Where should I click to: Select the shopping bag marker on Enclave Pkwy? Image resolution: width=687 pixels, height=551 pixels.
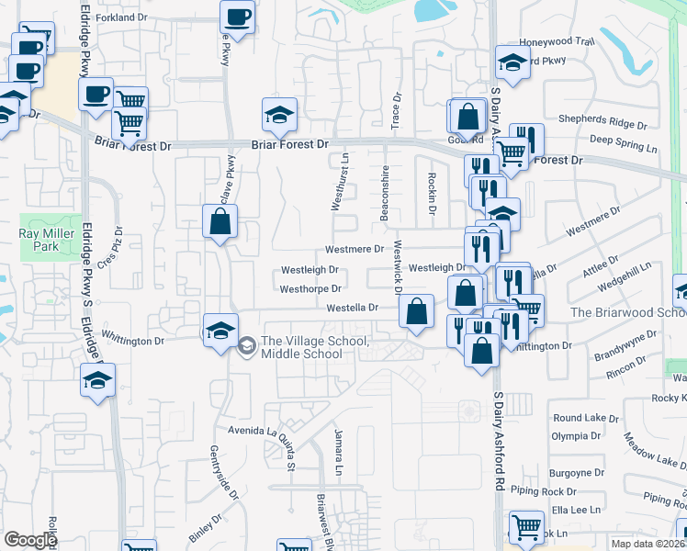click(220, 221)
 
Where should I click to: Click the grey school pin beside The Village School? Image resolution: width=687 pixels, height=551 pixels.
click(246, 346)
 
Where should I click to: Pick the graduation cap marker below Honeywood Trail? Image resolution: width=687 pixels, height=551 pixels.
click(512, 62)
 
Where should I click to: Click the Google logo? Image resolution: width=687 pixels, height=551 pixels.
click(30, 541)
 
